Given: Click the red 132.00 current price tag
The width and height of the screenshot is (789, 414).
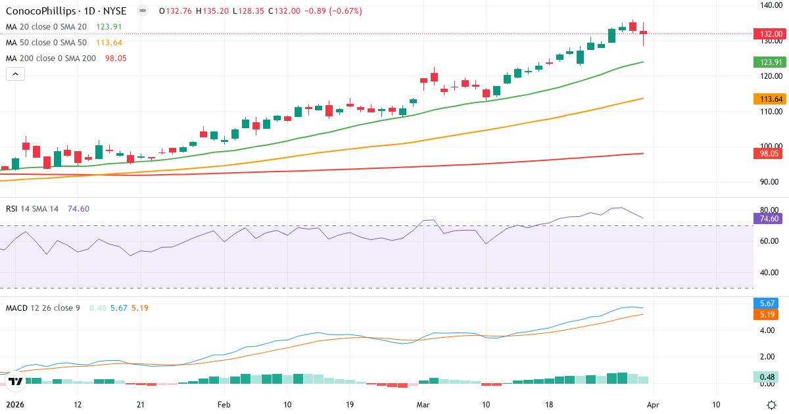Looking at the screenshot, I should [770, 34].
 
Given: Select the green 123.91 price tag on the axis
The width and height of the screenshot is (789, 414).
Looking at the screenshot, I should [770, 62].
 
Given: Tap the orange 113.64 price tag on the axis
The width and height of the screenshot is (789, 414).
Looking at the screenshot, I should [770, 99].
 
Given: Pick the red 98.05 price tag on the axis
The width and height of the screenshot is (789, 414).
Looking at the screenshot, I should [770, 153].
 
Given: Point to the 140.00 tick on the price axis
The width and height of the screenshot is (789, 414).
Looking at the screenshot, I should [770, 5].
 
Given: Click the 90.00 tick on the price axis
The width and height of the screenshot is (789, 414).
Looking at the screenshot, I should [770, 182].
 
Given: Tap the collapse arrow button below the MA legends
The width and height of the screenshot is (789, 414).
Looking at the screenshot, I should [15, 74].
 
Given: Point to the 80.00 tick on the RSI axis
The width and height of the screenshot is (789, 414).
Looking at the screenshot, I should [770, 210].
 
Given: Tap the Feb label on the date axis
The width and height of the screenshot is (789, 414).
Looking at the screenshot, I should [224, 405].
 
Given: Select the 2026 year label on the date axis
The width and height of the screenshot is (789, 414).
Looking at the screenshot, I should [14, 405].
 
